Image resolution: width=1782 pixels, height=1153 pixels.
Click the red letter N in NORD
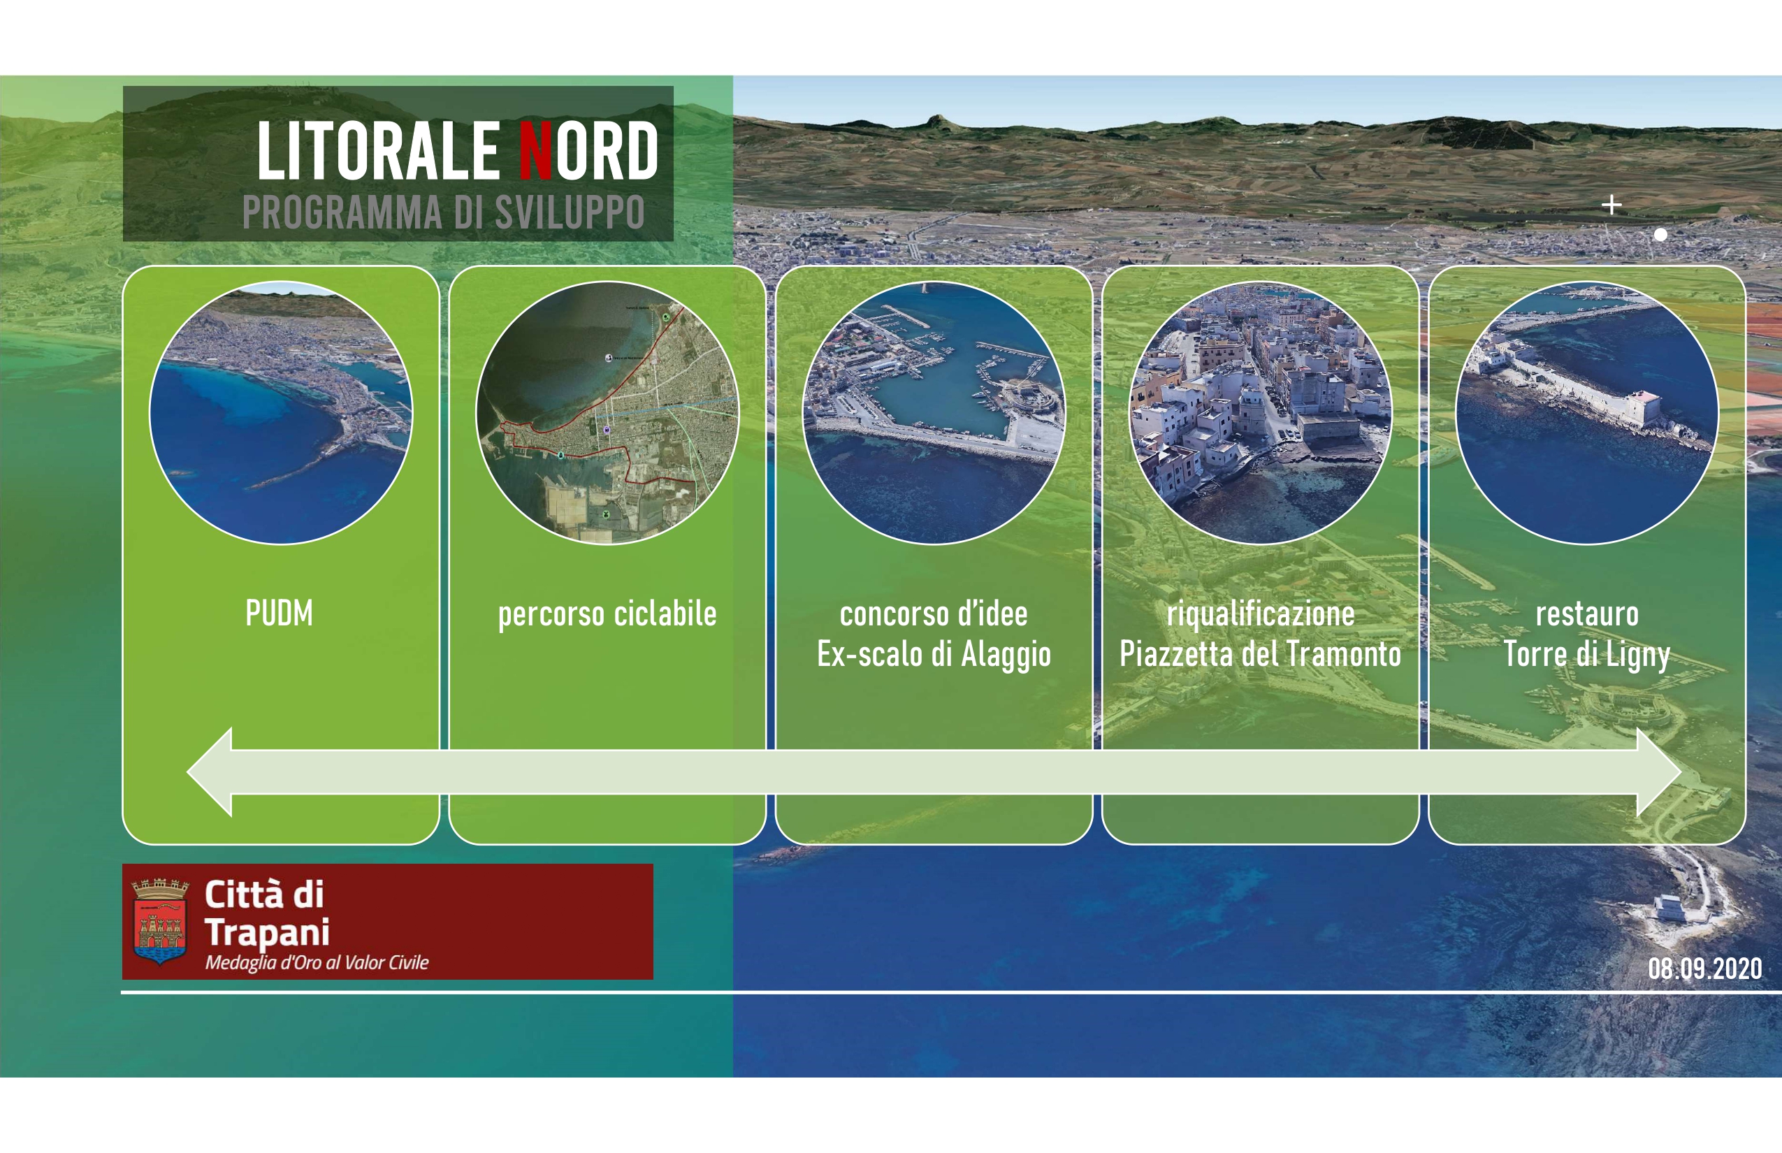[x=536, y=151]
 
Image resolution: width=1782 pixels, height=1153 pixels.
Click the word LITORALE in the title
[x=378, y=151]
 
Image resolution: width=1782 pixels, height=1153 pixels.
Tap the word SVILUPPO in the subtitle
[x=569, y=212]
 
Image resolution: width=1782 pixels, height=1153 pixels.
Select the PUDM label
[x=280, y=614]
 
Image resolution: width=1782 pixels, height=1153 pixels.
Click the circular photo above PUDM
[x=281, y=412]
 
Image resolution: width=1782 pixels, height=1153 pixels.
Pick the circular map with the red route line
[x=607, y=412]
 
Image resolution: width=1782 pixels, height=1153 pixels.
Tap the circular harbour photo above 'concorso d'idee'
[x=934, y=412]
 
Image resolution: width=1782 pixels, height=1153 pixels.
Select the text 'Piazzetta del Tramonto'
[x=1260, y=654]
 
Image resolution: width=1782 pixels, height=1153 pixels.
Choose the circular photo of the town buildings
[x=1260, y=412]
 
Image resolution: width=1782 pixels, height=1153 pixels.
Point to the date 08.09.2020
[x=1705, y=969]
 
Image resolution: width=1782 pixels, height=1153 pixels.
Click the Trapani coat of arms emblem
[x=160, y=922]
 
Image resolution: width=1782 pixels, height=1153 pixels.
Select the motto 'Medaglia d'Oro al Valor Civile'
[x=317, y=963]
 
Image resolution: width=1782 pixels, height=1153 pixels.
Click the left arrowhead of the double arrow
[x=209, y=772]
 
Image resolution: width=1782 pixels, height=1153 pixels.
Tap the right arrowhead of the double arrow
[x=1659, y=772]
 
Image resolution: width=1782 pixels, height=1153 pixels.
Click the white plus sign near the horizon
[x=1612, y=204]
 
